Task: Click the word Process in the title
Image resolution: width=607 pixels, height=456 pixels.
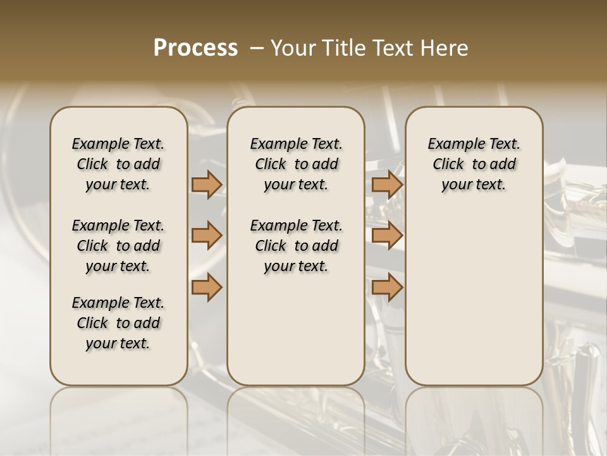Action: [x=195, y=48]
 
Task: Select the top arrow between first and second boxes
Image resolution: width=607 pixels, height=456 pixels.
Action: [x=207, y=184]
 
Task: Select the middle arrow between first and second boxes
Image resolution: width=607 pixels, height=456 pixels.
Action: [x=207, y=236]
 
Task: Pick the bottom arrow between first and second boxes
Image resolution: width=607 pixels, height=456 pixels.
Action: [x=207, y=287]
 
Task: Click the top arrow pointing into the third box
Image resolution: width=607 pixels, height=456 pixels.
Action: [x=387, y=184]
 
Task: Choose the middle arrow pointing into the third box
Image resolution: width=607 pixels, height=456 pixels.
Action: [x=387, y=236]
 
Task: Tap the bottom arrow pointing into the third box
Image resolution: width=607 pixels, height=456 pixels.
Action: [x=387, y=287]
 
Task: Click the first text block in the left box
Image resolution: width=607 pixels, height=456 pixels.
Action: [x=118, y=164]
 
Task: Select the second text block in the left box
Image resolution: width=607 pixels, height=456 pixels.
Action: [x=118, y=246]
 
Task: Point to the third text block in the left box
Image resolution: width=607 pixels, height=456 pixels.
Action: [x=118, y=323]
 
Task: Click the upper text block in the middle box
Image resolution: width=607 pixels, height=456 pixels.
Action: [x=296, y=164]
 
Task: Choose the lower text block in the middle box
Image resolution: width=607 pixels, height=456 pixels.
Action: [x=296, y=246]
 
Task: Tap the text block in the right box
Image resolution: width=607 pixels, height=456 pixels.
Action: [x=474, y=164]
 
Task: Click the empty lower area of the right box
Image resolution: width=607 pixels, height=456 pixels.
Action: [x=474, y=298]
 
